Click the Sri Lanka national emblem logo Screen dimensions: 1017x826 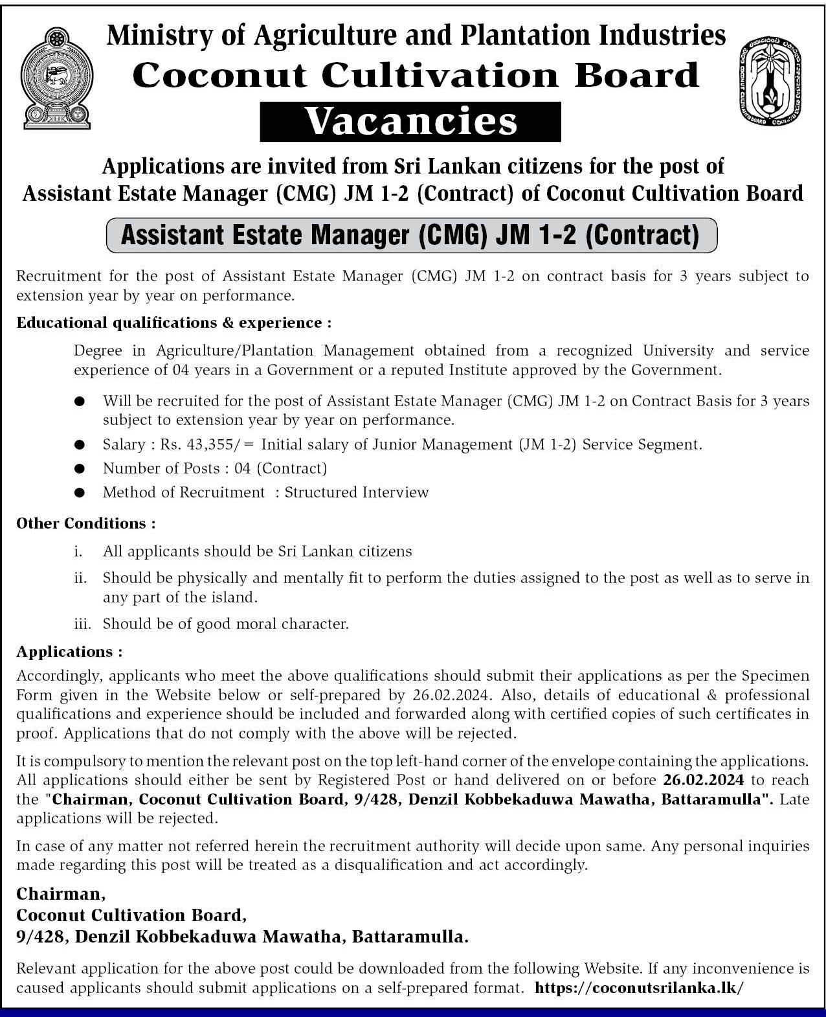coord(56,77)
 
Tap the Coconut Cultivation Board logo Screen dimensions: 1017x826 coord(770,79)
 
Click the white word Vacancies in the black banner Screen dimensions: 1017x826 coord(410,122)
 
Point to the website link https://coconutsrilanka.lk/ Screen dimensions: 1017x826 coord(640,988)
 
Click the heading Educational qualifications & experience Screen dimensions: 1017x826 coord(173,323)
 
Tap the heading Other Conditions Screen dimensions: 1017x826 coord(85,523)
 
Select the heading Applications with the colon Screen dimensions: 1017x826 coord(69,652)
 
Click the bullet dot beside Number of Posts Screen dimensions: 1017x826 coord(80,468)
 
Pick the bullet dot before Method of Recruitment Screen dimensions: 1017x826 coord(80,492)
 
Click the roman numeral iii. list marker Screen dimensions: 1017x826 coord(82,624)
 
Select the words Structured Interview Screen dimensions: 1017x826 coord(357,492)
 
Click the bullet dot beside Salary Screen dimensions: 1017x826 coord(80,444)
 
